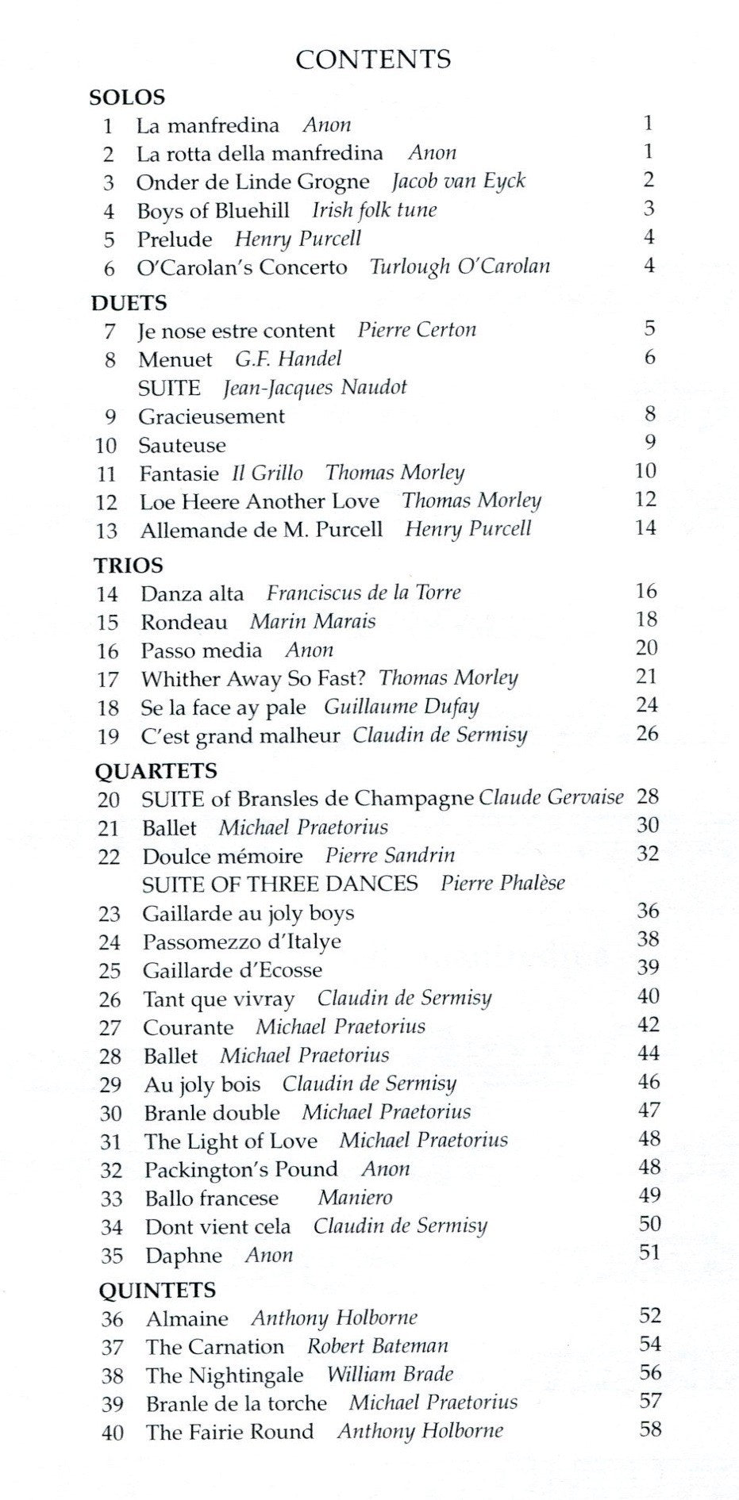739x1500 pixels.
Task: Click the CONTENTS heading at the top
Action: tap(373, 59)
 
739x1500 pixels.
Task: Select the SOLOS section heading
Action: tap(127, 98)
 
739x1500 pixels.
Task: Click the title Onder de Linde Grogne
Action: tap(252, 182)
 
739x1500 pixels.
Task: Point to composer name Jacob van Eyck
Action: tap(458, 181)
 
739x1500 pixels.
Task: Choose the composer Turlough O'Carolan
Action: tap(460, 267)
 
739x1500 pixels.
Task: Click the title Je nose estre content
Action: tap(236, 330)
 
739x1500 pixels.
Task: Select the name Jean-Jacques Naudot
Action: tap(314, 387)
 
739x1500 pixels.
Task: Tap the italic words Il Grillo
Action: tap(267, 473)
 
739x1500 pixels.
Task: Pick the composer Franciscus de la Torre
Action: tap(363, 593)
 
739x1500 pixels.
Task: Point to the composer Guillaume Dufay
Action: tap(401, 707)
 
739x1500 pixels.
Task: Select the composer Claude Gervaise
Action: tap(551, 797)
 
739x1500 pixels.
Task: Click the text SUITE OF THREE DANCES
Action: tap(279, 884)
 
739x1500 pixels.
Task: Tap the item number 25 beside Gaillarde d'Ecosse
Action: tap(110, 971)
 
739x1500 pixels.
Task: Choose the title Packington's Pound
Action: tap(241, 1170)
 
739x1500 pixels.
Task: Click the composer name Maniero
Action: tap(355, 1198)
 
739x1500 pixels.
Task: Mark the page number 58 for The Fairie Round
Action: tap(650, 1429)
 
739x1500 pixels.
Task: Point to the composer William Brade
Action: tap(390, 1375)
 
